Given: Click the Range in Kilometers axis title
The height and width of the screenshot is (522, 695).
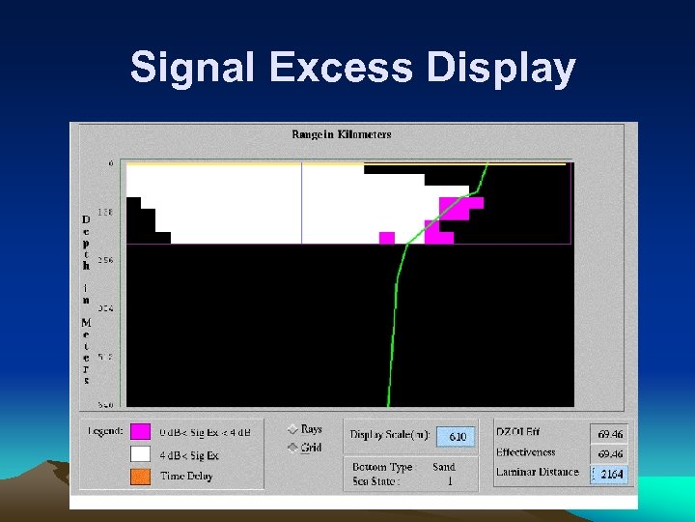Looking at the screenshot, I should [x=341, y=134].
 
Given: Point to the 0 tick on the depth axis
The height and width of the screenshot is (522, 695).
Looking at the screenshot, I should [x=110, y=163].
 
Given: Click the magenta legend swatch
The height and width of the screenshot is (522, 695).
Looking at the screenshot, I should [x=141, y=432].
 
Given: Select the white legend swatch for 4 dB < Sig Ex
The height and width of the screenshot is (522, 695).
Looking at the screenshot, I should [x=141, y=453].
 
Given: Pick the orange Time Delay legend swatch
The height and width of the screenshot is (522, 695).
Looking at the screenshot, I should [x=141, y=476].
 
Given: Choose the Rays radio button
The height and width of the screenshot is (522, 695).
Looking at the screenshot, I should [x=293, y=429].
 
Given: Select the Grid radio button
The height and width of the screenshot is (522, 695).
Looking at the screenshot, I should [x=293, y=448].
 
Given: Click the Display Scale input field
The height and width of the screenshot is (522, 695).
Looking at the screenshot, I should [x=456, y=437].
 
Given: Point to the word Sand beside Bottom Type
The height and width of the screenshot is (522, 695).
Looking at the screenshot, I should [x=443, y=467].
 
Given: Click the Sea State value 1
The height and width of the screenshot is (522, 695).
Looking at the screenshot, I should [x=449, y=480].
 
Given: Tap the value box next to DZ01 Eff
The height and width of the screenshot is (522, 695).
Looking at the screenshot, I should [x=608, y=435].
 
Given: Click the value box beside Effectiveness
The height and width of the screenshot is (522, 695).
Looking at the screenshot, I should [x=608, y=453].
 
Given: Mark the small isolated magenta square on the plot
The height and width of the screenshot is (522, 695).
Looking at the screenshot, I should [x=387, y=238].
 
